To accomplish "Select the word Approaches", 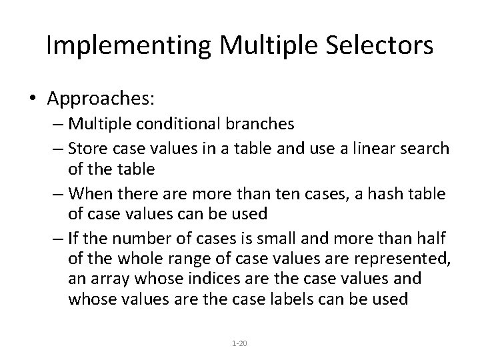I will pyautogui.click(x=101, y=99).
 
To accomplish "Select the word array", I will pyautogui.click(x=109, y=277).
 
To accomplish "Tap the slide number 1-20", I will pyautogui.click(x=239, y=343).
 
